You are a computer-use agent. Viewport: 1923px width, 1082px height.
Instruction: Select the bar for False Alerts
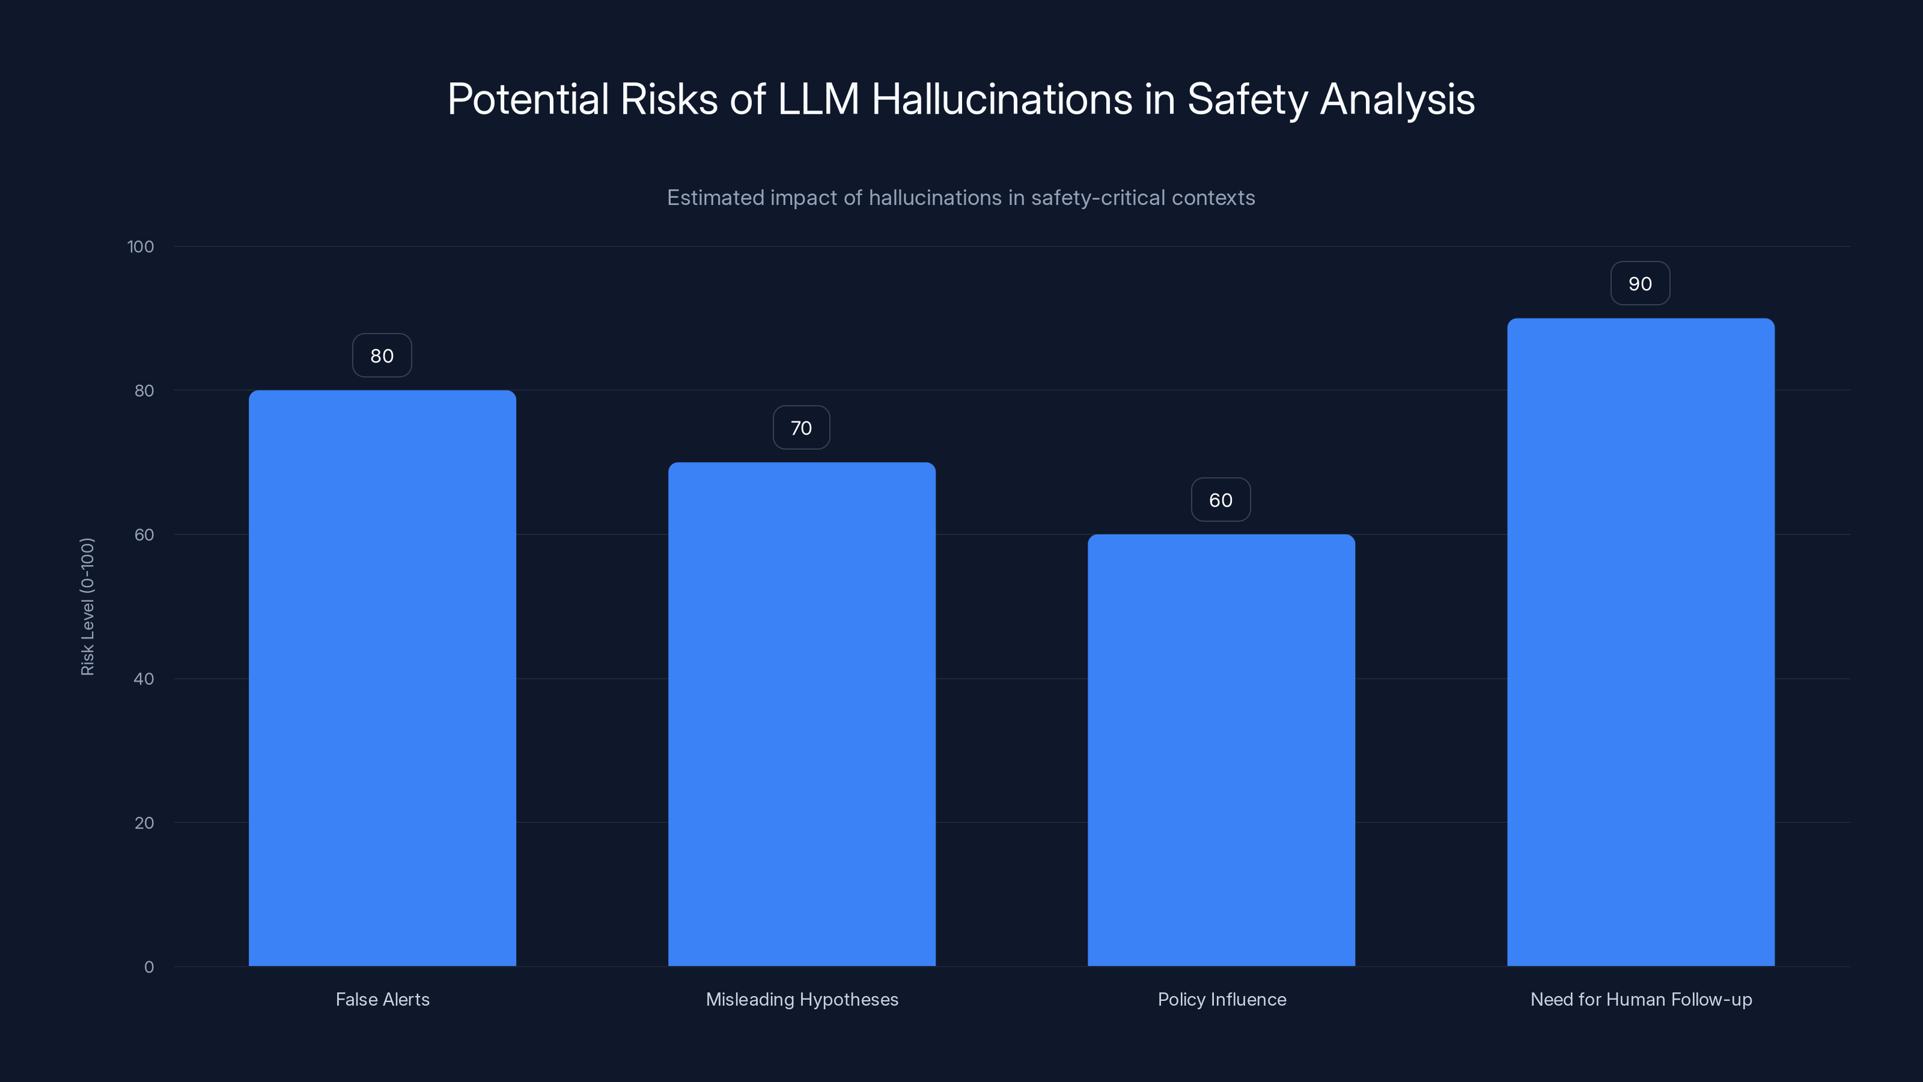382,678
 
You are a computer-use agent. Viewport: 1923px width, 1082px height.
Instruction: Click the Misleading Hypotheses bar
802,714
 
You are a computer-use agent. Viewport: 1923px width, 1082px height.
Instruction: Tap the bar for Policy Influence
1221,750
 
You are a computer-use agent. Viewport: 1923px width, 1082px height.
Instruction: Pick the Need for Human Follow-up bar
1641,642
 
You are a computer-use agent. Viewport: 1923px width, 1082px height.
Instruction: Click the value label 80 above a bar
382,355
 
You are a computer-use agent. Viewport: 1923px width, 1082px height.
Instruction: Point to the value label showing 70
801,428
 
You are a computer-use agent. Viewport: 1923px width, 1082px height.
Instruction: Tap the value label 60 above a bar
1221,500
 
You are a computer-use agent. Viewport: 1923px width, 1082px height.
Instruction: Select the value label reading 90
1640,284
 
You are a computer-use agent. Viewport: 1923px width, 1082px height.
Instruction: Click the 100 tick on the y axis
141,246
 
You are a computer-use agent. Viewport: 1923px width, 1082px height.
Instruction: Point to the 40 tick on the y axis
144,679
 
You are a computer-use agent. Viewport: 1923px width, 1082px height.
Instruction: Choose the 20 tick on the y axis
144,823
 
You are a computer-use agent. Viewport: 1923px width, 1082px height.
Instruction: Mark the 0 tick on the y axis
148,967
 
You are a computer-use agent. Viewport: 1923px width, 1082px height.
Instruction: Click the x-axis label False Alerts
382,999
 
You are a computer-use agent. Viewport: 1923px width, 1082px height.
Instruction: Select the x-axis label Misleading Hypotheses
802,999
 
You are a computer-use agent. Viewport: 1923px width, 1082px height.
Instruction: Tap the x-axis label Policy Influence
1221,999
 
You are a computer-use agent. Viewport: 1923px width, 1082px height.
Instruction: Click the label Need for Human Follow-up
1641,999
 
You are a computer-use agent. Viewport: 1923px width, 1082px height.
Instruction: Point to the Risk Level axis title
87,607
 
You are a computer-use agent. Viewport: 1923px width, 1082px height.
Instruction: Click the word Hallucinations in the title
1002,99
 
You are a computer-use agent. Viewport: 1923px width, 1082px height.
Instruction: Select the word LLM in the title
818,99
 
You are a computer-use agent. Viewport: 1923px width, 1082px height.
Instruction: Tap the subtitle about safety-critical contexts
961,198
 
